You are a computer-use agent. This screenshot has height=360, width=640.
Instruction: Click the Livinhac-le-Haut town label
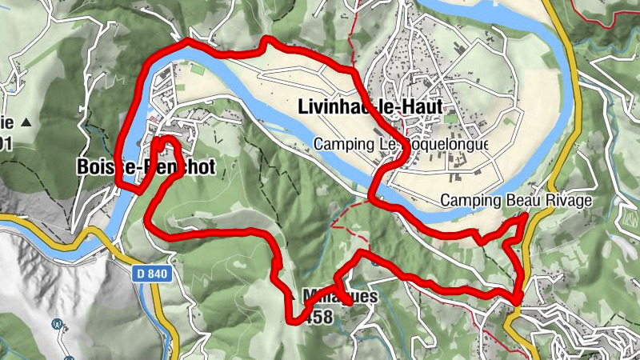369,106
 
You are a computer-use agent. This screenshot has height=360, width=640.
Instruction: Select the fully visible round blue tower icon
57,324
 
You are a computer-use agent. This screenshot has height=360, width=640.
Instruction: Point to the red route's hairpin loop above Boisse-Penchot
166,142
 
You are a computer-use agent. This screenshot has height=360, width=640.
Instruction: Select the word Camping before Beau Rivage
470,201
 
